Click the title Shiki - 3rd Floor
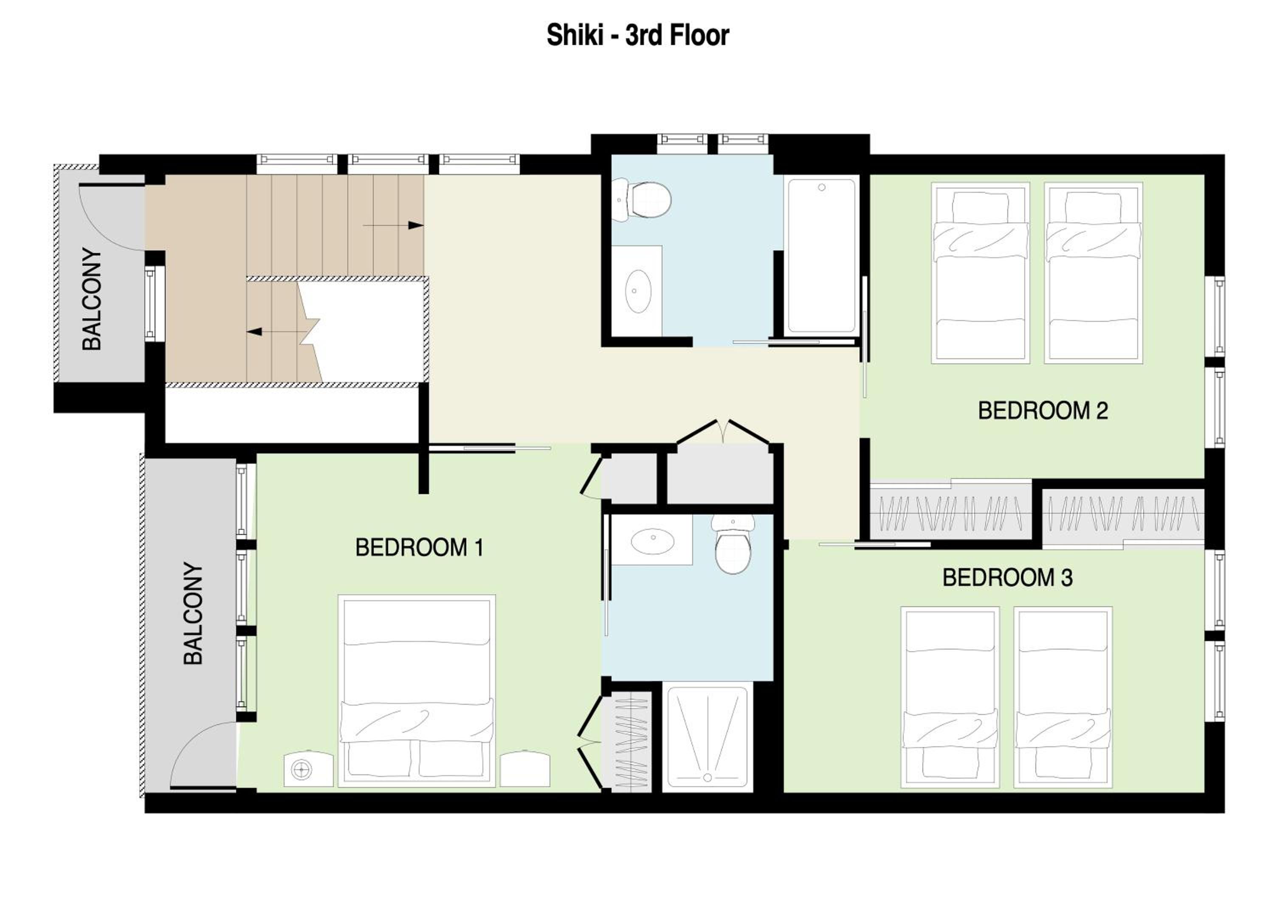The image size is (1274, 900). click(x=637, y=35)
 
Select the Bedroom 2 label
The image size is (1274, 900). click(x=1043, y=411)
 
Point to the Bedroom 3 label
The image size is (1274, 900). click(x=1007, y=578)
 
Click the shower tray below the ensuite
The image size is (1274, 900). click(x=707, y=737)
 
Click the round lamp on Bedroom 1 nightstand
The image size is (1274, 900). click(x=301, y=770)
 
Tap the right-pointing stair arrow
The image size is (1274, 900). click(x=393, y=225)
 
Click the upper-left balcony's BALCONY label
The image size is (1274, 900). click(x=92, y=299)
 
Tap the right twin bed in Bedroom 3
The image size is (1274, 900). click(x=1063, y=697)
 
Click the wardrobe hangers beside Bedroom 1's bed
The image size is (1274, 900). click(x=632, y=742)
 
